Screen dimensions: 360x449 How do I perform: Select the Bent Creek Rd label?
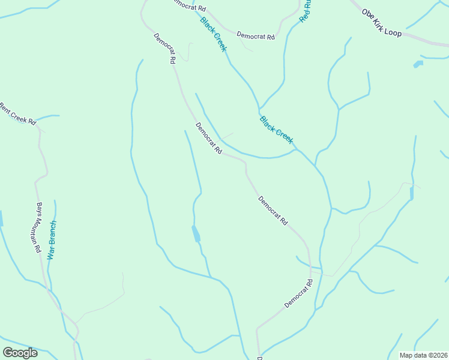pos(17,114)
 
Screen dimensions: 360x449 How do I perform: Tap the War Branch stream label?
pos(52,240)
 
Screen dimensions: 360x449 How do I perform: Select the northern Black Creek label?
pos(213,34)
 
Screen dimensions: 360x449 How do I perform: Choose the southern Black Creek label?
pos(277,130)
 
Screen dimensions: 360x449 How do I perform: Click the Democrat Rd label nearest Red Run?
pos(255,36)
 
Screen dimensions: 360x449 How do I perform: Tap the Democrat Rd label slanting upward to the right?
pos(298,293)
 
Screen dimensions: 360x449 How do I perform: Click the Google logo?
pos(20,352)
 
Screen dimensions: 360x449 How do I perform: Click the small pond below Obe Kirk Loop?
pos(418,63)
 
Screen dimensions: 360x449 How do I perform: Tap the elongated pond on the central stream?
pos(196,233)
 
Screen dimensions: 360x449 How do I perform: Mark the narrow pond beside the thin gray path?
pos(411,193)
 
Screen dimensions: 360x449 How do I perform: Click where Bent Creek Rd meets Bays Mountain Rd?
pos(39,127)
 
